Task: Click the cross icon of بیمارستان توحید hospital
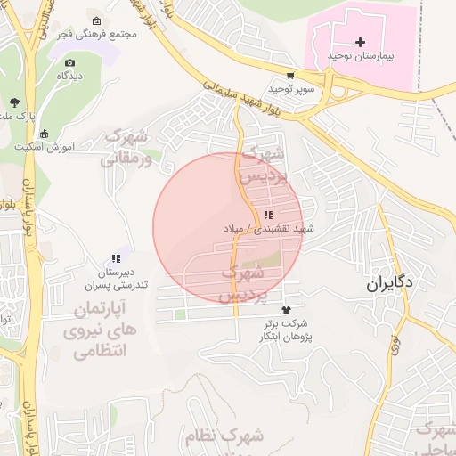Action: point(360,42)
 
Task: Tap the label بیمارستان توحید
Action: point(360,56)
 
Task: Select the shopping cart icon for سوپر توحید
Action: point(290,76)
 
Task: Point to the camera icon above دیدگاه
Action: point(70,63)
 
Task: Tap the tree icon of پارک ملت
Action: point(13,102)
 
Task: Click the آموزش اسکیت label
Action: point(45,145)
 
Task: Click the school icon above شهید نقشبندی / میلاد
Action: point(267,215)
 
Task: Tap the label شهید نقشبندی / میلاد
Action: point(269,229)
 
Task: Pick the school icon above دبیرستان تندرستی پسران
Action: point(115,258)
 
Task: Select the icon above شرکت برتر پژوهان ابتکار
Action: point(285,310)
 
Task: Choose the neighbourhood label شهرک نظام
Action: point(224,437)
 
